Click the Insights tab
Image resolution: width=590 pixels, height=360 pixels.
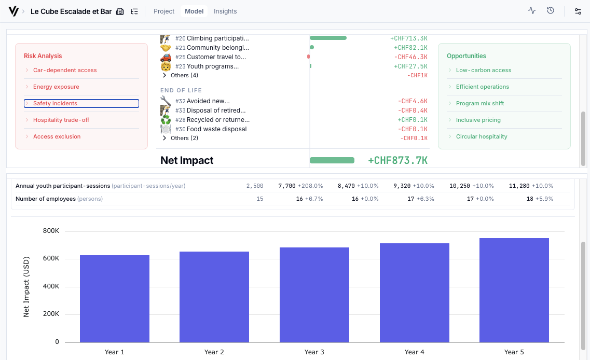[x=225, y=11]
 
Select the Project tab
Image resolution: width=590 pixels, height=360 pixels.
[x=164, y=11]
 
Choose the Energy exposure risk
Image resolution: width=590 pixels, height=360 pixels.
[x=56, y=87]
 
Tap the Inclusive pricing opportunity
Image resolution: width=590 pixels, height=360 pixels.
[x=478, y=120]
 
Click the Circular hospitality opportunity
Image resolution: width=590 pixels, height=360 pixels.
[x=481, y=136]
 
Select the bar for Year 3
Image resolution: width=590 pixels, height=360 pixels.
[x=314, y=294]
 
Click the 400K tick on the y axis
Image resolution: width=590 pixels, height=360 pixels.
[x=50, y=286]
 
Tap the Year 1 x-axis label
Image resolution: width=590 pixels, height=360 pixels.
[x=115, y=352]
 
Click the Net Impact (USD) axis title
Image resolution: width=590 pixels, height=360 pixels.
[x=26, y=286]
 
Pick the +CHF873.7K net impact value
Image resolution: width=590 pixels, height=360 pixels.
[x=397, y=160]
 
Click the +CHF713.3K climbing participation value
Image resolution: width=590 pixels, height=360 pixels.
[x=408, y=38]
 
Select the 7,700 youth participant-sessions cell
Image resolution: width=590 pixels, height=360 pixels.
[x=286, y=186]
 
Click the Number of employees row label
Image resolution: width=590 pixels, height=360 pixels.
[x=45, y=199]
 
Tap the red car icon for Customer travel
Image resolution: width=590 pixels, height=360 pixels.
[x=166, y=57]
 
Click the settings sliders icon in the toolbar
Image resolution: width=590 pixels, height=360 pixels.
[x=578, y=11]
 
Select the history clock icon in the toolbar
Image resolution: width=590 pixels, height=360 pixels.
[x=551, y=10]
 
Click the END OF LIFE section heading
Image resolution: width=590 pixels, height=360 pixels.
[x=181, y=90]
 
